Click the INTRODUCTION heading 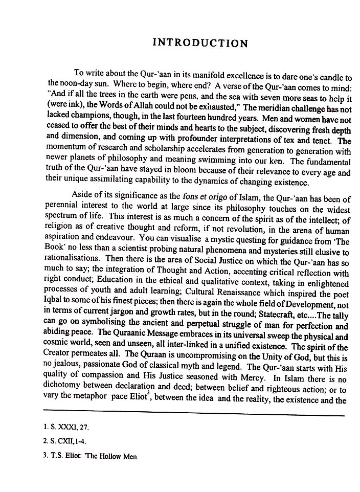tap(200, 43)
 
